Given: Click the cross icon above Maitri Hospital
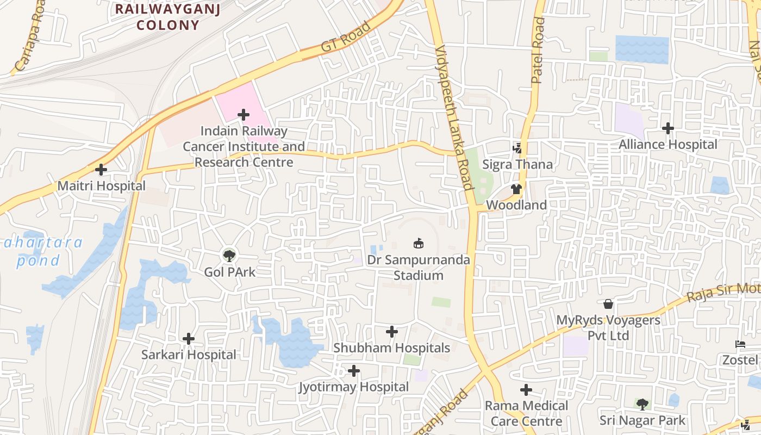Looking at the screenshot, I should click(101, 170).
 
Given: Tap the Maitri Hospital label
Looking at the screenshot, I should click(102, 186).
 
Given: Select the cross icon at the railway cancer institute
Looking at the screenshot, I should click(244, 115).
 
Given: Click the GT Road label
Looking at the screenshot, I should click(346, 37).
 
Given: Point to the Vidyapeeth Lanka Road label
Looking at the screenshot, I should click(454, 117).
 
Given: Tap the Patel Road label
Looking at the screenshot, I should click(538, 50).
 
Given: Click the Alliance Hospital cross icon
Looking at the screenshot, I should click(668, 128).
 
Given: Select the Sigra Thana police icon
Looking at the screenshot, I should click(517, 148).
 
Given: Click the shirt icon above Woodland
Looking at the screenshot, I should click(516, 189).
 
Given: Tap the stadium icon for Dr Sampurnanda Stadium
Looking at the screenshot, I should click(418, 244).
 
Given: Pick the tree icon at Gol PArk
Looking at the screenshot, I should click(229, 256).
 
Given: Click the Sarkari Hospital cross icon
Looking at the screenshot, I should click(189, 339).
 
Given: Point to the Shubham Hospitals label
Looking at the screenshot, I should click(391, 348).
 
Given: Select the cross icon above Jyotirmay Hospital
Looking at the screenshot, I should click(354, 371).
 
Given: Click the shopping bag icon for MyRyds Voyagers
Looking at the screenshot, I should click(608, 304).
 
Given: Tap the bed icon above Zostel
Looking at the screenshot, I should click(740, 344).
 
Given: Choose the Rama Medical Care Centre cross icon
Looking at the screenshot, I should click(526, 390).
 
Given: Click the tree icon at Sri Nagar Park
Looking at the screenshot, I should click(643, 404).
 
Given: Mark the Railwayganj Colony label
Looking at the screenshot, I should click(167, 17).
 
